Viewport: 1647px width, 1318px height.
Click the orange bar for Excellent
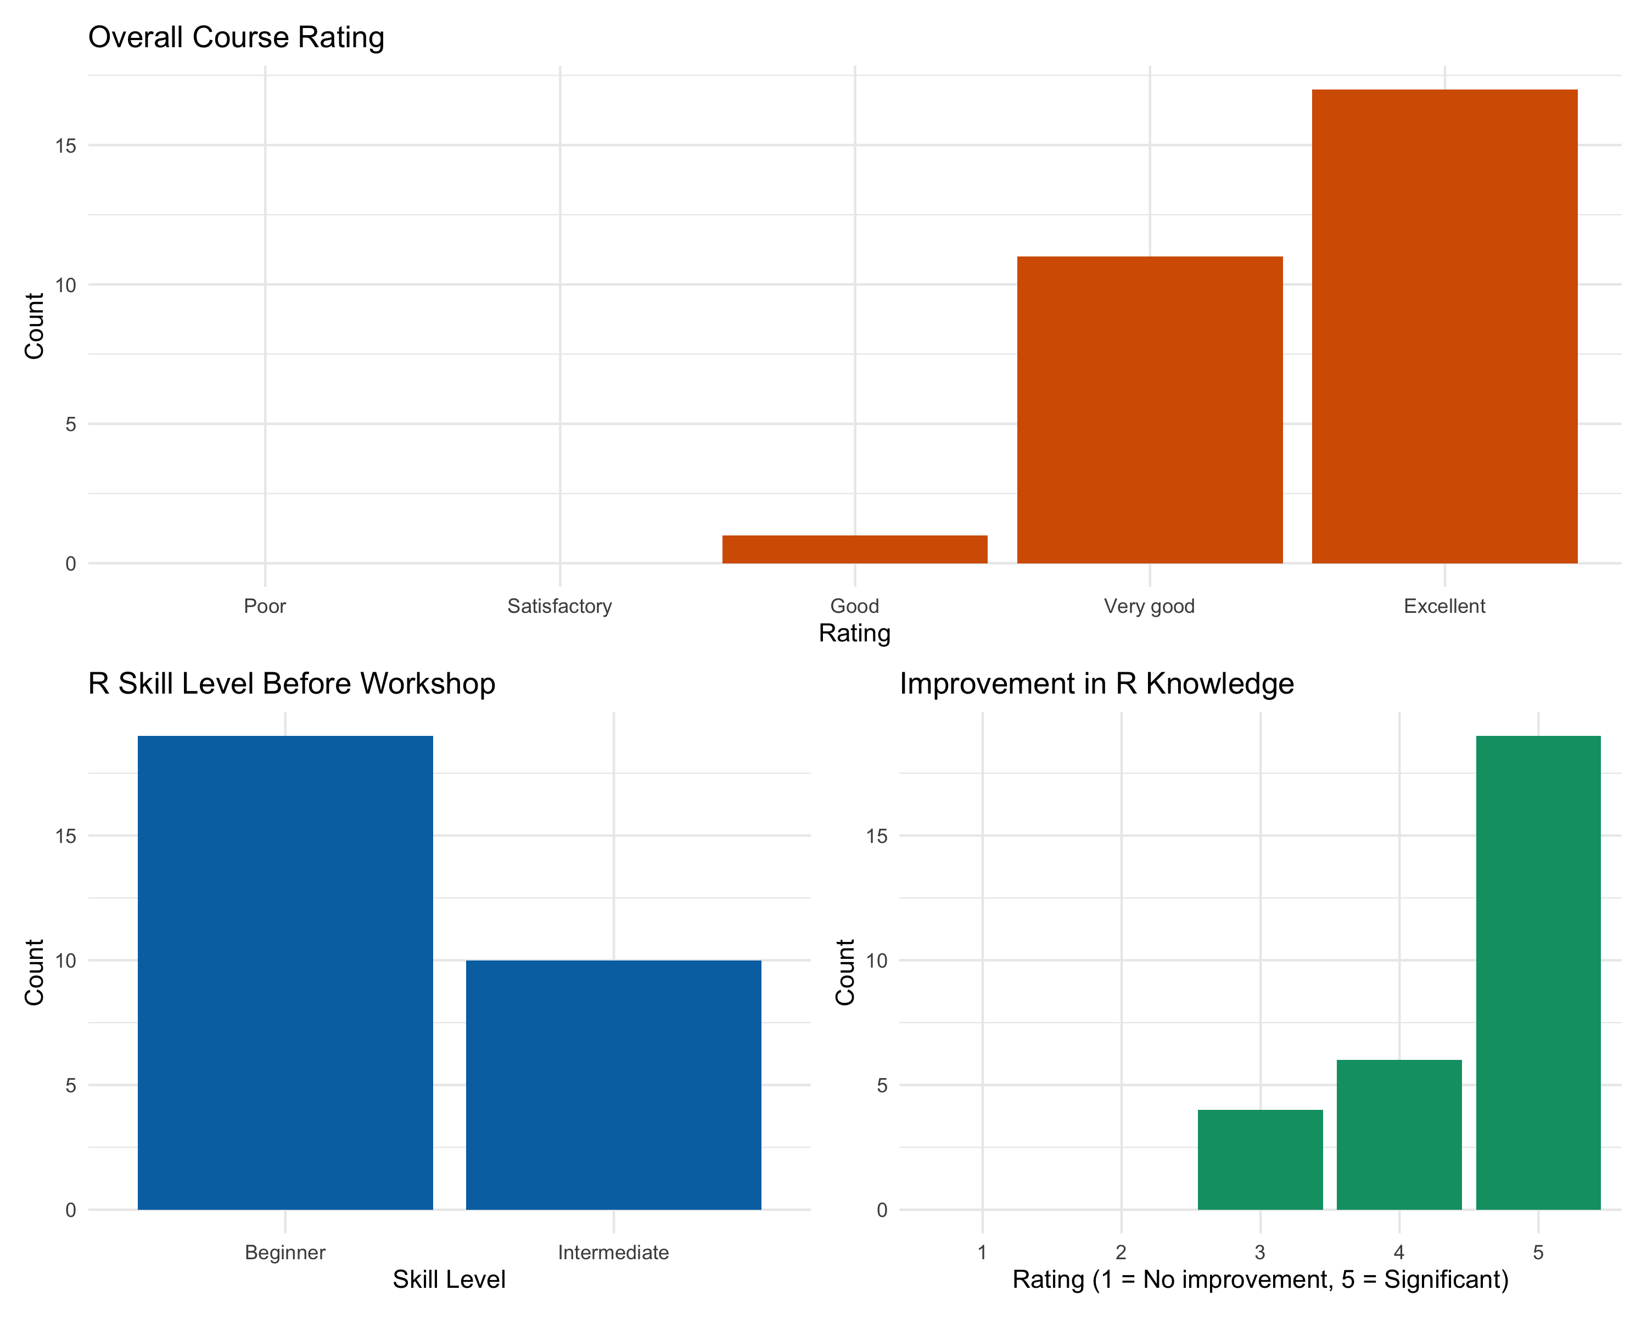[x=1444, y=326]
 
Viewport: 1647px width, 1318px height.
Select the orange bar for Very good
[x=1149, y=410]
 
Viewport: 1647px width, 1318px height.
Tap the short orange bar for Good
[x=854, y=549]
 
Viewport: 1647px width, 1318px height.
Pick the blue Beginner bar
[x=285, y=972]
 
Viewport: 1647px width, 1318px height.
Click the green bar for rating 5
[x=1537, y=972]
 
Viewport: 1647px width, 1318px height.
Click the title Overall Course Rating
[x=236, y=37]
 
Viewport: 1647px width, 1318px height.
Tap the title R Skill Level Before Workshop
[x=291, y=683]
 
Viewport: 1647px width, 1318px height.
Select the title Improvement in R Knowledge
[x=1096, y=683]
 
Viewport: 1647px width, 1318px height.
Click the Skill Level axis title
[x=449, y=1279]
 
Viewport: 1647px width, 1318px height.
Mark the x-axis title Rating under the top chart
[x=854, y=633]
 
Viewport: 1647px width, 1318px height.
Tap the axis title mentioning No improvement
[x=1260, y=1279]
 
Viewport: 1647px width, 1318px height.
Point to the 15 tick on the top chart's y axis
[x=66, y=146]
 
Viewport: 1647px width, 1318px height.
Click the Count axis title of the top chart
[x=35, y=326]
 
